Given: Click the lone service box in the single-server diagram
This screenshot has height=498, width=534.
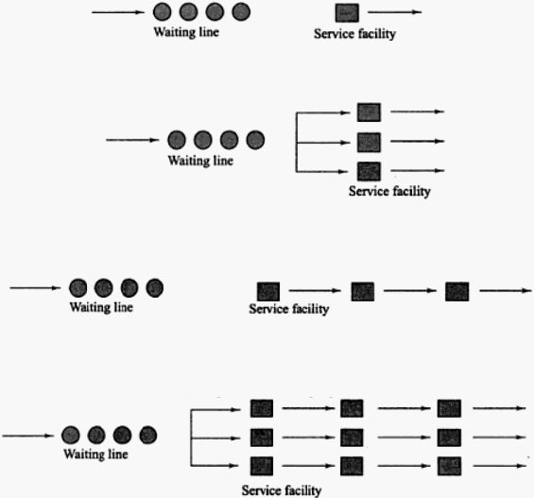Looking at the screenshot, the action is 347,12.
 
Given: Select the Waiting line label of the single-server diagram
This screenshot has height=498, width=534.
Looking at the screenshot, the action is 186,32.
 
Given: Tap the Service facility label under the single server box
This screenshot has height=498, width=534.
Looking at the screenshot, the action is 354,34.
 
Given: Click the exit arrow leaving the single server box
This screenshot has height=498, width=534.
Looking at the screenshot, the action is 395,12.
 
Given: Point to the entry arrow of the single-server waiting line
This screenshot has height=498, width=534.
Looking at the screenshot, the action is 118,12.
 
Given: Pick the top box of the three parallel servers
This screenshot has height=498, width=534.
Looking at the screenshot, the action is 369,112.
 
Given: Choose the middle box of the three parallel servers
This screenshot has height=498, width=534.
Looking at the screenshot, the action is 369,143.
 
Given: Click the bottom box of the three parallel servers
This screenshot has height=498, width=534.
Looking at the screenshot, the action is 369,171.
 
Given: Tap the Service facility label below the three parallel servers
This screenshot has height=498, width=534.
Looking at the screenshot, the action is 389,191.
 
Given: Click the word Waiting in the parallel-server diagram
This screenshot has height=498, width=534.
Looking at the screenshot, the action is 185,161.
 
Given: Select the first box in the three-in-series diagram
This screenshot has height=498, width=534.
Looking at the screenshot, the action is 268,291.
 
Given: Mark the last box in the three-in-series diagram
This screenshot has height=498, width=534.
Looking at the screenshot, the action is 457,291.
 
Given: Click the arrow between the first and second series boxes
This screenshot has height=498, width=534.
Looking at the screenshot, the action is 315,291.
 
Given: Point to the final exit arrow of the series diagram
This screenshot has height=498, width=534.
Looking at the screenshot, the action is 506,291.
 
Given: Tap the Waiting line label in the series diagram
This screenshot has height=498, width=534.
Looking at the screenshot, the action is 101,307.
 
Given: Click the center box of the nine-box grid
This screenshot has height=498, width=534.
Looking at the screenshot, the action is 352,438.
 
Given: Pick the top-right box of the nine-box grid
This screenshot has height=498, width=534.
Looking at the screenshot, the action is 449,408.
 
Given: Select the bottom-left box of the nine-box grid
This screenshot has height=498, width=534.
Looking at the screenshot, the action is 262,466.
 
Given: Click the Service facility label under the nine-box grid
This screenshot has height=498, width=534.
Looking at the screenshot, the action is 282,490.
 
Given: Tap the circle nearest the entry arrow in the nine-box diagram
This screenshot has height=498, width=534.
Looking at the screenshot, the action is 71,435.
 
